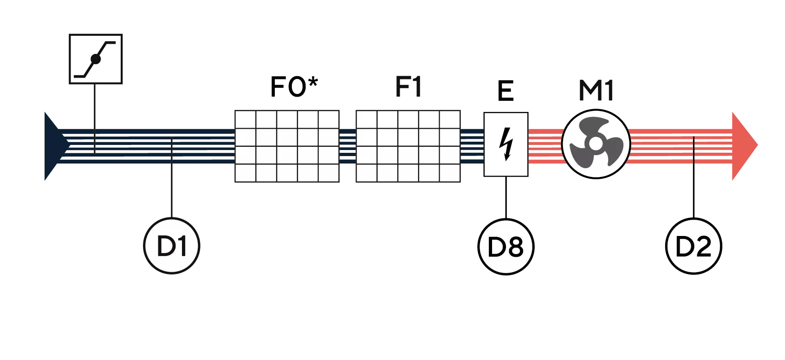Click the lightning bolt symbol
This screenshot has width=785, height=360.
tap(506, 144)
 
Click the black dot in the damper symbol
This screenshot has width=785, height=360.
tap(95, 59)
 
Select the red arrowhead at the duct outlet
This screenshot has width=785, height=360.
tap(744, 145)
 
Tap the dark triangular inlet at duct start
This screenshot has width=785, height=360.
tap(51, 146)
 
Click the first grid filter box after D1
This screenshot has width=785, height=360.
tap(288, 147)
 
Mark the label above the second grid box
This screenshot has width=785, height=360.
tap(409, 87)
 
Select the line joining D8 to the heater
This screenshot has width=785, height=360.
tap(506, 196)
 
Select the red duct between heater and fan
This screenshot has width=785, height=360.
tap(545, 144)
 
